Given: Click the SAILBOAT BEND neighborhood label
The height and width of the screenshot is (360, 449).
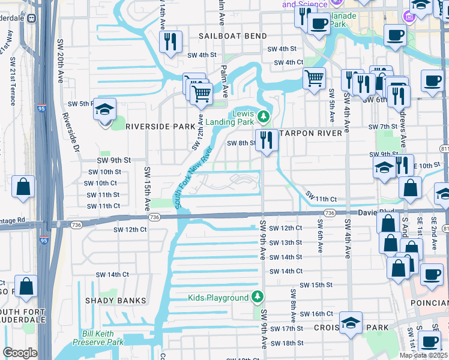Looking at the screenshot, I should click(x=233, y=36).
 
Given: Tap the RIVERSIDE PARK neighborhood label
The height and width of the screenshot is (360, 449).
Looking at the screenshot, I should click(x=160, y=127).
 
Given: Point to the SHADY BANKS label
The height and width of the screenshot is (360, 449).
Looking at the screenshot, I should click(x=115, y=301).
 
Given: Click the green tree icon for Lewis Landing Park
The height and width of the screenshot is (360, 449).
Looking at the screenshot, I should click(x=263, y=115).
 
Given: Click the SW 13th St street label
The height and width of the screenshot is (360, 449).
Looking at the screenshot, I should click(x=285, y=242).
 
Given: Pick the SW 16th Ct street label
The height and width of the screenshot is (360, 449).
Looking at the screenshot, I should click(x=316, y=314).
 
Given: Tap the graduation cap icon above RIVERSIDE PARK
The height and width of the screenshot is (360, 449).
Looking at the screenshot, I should click(x=104, y=109).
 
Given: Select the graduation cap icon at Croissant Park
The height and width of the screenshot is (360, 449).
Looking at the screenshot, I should click(x=351, y=323).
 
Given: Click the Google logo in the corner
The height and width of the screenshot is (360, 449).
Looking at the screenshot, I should click(x=20, y=353).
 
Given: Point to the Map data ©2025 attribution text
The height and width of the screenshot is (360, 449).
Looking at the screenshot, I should click(x=424, y=355).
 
